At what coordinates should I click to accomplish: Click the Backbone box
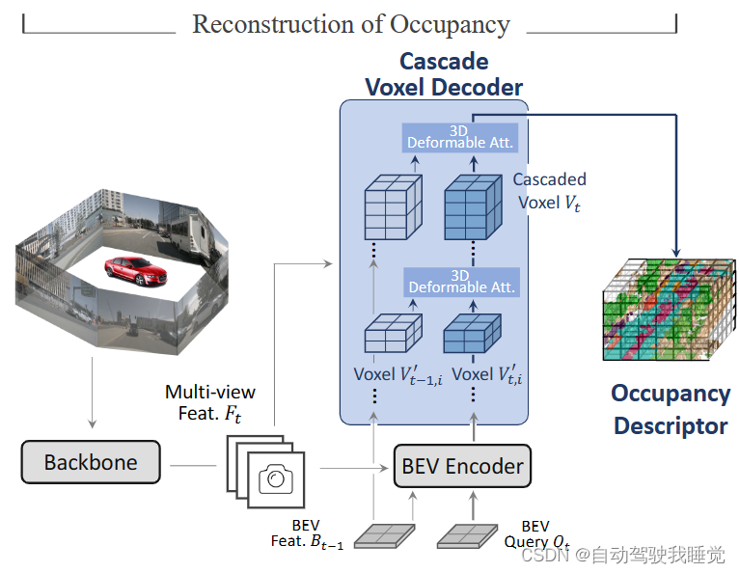pos(91,463)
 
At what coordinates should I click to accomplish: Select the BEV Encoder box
pos(462,466)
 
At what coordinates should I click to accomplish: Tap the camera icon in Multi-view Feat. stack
pos(277,479)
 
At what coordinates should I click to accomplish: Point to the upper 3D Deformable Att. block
pos(461,137)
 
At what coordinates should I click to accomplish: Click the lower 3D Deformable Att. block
pos(461,282)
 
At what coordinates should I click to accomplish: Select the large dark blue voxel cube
pos(472,207)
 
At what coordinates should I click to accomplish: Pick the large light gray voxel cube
pos(391,207)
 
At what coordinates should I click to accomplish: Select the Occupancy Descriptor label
pos(671,409)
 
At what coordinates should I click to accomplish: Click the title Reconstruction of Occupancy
pos(351,24)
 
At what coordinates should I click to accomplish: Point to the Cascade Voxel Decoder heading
pos(443,73)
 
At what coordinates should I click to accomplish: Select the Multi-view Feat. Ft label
pos(209,401)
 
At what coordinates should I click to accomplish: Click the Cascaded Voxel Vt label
pos(549,190)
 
